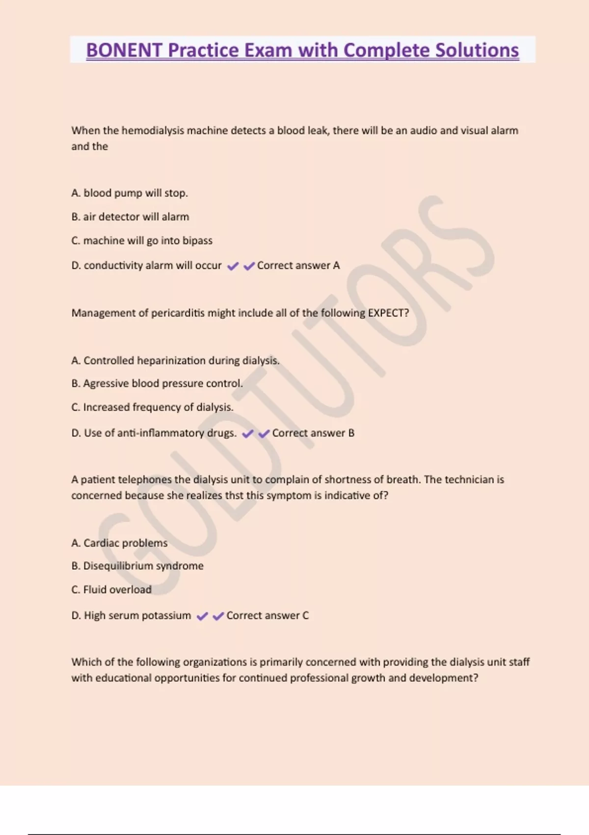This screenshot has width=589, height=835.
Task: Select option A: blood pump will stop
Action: tap(130, 193)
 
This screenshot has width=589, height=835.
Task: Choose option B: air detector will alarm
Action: tap(130, 217)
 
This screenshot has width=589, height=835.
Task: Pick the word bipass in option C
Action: tap(197, 241)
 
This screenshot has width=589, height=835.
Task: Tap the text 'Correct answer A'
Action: tap(298, 266)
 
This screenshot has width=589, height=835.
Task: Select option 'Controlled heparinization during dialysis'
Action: tap(176, 361)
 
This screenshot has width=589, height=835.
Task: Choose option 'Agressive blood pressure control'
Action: tap(157, 384)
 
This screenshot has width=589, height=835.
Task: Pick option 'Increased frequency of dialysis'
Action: tap(152, 407)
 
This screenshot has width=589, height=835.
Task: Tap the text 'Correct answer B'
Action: tap(313, 433)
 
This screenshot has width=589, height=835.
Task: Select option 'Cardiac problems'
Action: tap(119, 543)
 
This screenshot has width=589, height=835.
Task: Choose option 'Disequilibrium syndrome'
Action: tap(137, 566)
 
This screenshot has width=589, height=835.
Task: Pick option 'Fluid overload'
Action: tap(111, 590)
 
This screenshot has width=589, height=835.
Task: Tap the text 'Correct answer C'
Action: tap(268, 615)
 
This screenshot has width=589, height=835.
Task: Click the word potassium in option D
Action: tap(168, 615)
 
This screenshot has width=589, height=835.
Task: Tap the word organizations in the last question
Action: tap(215, 662)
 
